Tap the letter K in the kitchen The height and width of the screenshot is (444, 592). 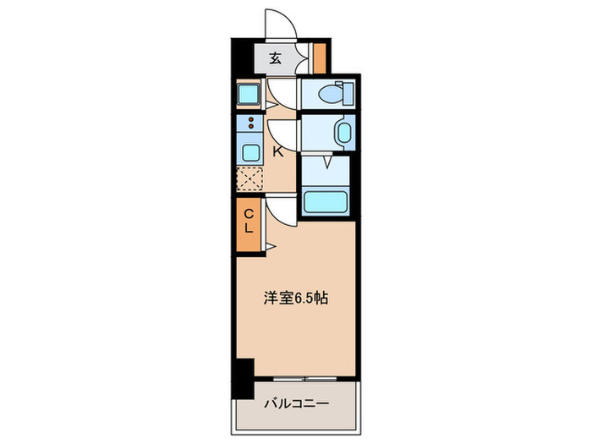point(277,152)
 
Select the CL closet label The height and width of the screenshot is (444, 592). point(249,222)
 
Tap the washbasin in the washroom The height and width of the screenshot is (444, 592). point(343,134)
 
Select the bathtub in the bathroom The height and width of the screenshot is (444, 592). point(326,201)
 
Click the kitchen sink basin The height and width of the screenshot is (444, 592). point(251,153)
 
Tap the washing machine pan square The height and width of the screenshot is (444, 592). point(249,93)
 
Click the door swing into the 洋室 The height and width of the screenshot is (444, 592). point(283,211)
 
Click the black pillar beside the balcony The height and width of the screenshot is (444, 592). point(244,377)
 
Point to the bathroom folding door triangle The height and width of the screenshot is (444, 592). point(326,161)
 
